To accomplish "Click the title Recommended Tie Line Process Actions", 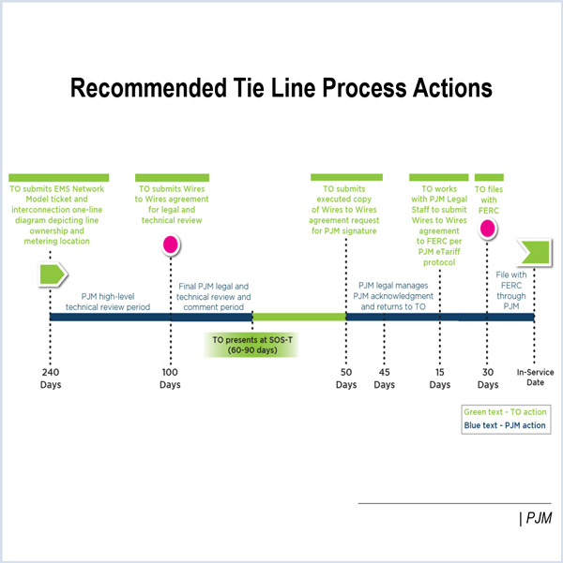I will pos(281,89).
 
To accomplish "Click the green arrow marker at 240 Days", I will pos(52,274).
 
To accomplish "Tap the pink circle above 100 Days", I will pos(171,246).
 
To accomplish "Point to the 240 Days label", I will pos(51,378).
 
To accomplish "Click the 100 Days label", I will pos(170,378).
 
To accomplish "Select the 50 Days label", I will pos(346,378).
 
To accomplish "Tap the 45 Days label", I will pos(384,378).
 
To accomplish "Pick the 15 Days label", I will pos(440,378).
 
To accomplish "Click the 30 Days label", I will pos(487,378).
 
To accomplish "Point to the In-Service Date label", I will pos(536,378).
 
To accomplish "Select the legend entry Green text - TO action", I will pos(505,411).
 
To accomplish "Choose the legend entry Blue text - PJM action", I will pos(505,425).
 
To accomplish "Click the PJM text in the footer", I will pos(537,518).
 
